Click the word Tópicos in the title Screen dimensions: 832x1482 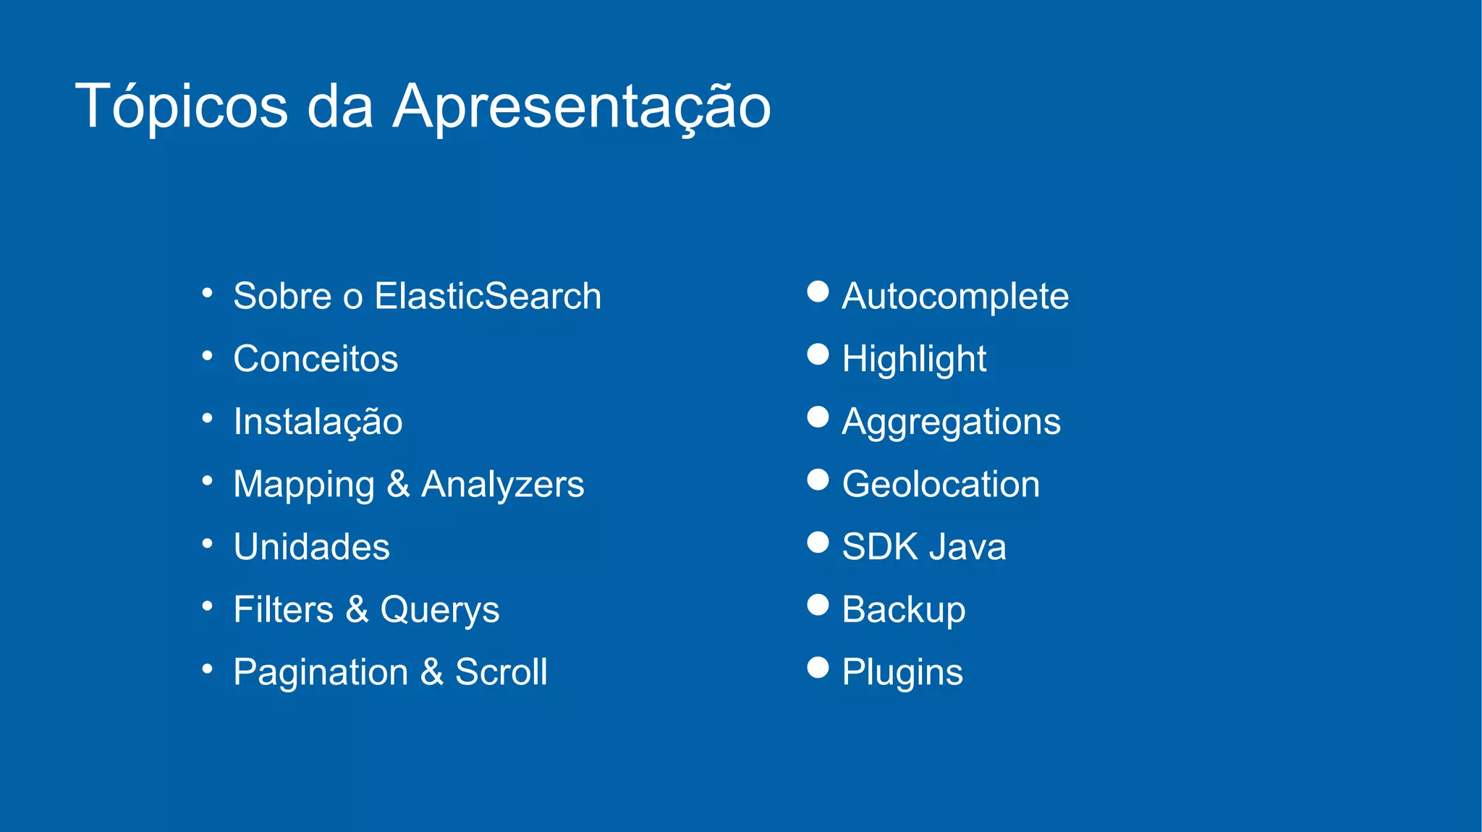click(x=181, y=107)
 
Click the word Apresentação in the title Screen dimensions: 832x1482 click(x=582, y=107)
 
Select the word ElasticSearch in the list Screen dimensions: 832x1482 click(x=488, y=296)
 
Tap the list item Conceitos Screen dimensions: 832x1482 click(x=316, y=359)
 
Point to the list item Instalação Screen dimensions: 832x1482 click(x=318, y=422)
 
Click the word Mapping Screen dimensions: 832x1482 click(x=304, y=485)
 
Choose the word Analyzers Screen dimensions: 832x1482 click(x=502, y=485)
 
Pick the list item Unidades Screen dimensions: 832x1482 click(x=311, y=547)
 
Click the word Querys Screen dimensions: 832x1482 click(x=439, y=610)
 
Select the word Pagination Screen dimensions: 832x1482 click(x=321, y=673)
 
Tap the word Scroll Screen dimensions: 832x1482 click(x=501, y=672)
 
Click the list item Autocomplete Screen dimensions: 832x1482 click(x=955, y=296)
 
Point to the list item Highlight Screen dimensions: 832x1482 click(x=914, y=359)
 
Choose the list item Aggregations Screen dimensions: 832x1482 click(x=951, y=422)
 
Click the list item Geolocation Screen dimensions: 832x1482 click(x=941, y=484)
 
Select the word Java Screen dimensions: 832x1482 click(x=967, y=547)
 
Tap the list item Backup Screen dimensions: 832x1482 click(x=903, y=610)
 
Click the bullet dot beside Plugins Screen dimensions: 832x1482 click(x=818, y=667)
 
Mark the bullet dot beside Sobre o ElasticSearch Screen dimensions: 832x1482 click(x=208, y=293)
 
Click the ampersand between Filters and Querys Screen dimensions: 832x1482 click(x=357, y=609)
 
